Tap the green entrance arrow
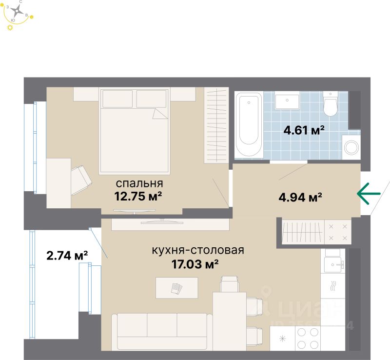coord(369,194)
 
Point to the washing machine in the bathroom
coord(351,146)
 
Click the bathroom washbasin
coord(287,102)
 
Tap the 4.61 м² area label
coord(304,130)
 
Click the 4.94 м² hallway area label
coord(299,198)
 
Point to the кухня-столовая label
coord(198,251)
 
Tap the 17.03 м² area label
coord(192,264)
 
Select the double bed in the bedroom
coord(135,131)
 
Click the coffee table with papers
coord(176,288)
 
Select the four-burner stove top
coord(308,337)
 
